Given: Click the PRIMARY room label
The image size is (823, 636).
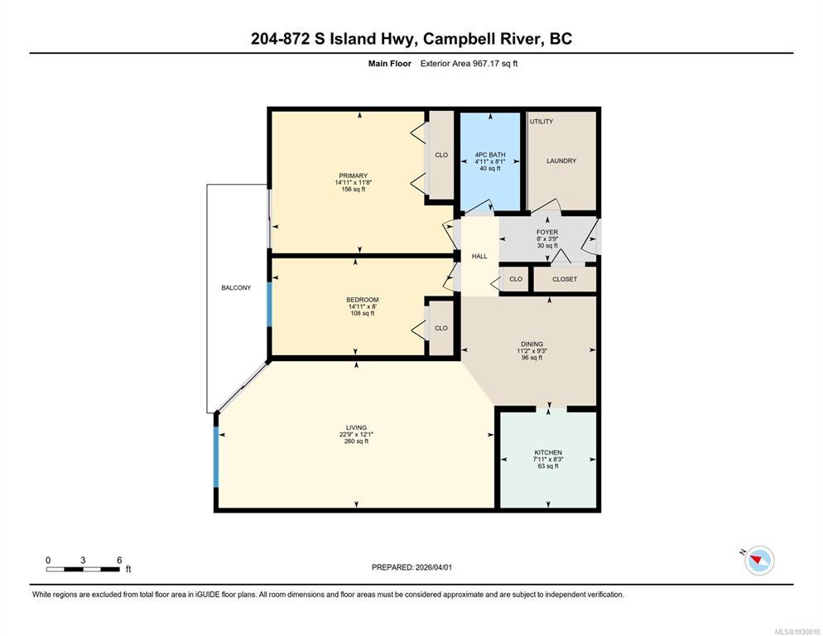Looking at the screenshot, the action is point(354,176).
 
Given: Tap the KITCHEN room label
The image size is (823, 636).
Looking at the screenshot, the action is point(548,453).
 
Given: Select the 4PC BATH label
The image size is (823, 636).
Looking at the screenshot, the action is point(490,155).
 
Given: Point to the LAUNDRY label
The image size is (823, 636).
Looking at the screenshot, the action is point(561,161).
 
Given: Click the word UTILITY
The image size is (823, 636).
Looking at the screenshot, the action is point(541,121).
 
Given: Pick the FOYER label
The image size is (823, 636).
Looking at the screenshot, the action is point(547,232).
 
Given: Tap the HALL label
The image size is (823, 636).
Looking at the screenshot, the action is point(479,256).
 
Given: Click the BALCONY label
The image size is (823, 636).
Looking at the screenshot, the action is point(236,288).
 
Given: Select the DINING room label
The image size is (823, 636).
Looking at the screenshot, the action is point(532,344).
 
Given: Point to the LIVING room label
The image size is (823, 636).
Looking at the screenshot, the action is point(356,427).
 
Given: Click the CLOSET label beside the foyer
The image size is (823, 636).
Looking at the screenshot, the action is point(565,279).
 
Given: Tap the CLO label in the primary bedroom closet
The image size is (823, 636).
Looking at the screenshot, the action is point(441,155).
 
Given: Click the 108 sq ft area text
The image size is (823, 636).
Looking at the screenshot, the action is point(363,314).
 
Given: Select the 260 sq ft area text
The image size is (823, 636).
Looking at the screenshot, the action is point(356,441).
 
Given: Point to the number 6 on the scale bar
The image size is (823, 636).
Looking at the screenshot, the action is point(119,560).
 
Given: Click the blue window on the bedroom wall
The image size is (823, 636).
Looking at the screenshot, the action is point(269,305).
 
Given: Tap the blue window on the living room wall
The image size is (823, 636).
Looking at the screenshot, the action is point(216,456).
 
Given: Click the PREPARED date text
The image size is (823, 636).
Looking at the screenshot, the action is point(411,567).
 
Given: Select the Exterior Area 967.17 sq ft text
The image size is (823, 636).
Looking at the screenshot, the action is point(469,64).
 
